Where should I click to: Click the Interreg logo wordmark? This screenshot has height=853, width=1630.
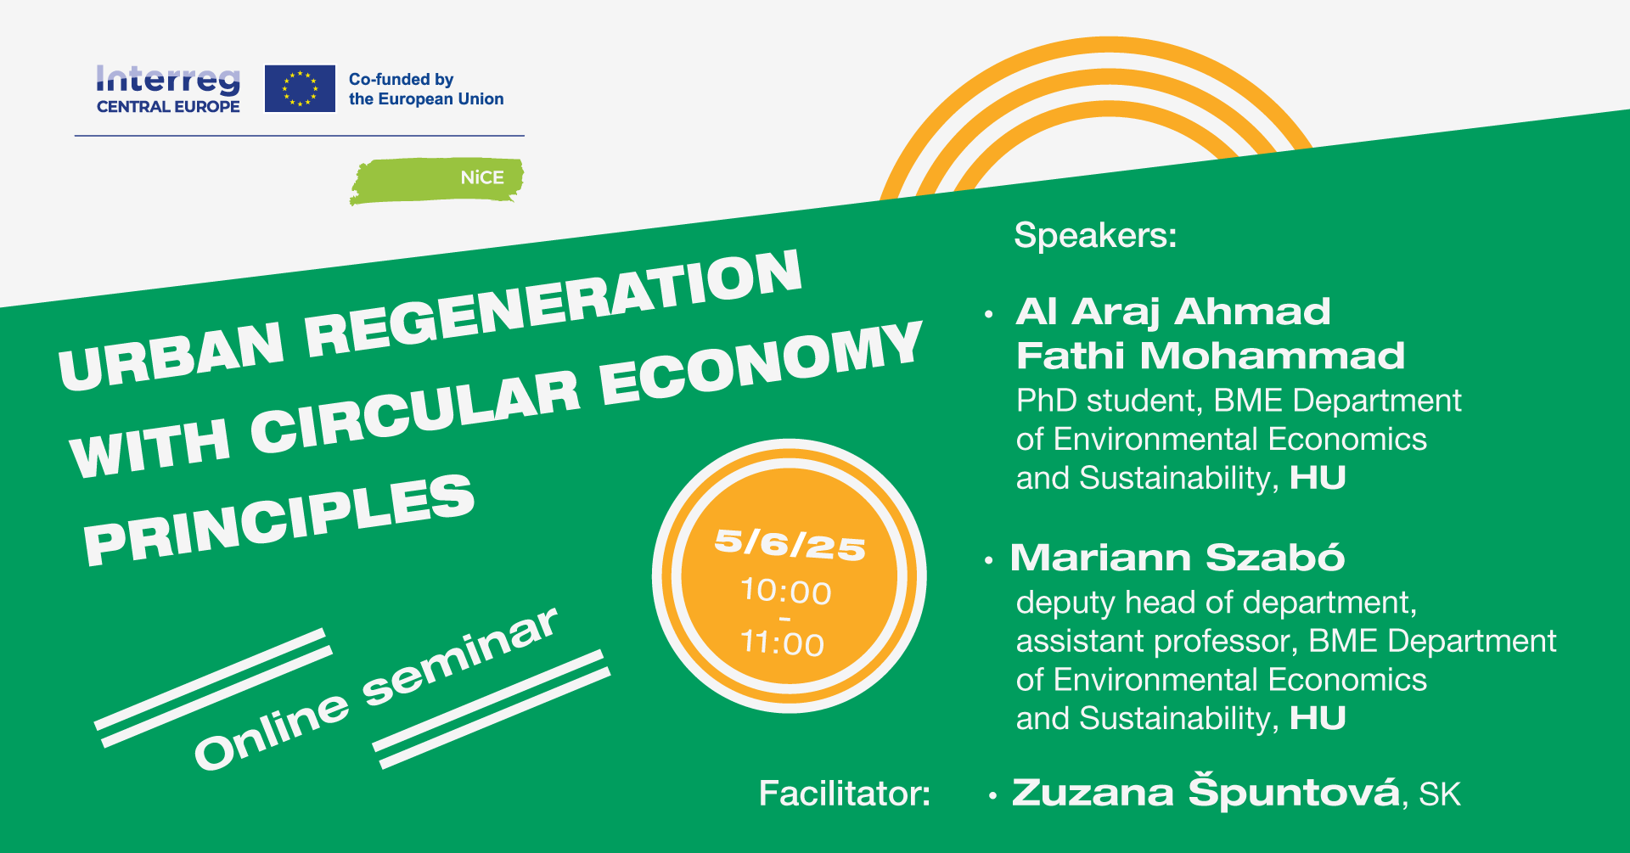click(x=168, y=81)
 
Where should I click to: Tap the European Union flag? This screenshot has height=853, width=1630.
click(x=300, y=88)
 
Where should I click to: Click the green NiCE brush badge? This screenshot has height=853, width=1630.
click(x=436, y=181)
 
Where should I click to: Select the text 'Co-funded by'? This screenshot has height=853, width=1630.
click(x=401, y=79)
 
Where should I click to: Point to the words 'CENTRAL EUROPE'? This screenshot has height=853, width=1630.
click(x=168, y=107)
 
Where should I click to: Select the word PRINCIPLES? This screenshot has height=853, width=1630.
click(x=278, y=519)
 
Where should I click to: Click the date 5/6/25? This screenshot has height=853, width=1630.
click(x=790, y=544)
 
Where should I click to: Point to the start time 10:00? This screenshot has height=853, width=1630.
click(x=785, y=592)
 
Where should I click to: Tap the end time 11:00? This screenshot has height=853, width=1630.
click(x=782, y=643)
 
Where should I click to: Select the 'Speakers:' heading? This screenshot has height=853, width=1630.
click(x=1095, y=235)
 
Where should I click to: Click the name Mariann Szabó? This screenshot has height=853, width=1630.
click(x=1178, y=558)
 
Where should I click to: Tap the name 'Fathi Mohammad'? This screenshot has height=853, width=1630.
click(x=1211, y=356)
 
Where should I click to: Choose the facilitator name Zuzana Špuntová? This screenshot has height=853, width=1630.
click(x=1206, y=792)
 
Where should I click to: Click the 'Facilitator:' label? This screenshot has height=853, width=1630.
click(x=844, y=794)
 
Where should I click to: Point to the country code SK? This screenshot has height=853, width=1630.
click(x=1440, y=795)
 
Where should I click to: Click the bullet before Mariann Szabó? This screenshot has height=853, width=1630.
click(x=988, y=560)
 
